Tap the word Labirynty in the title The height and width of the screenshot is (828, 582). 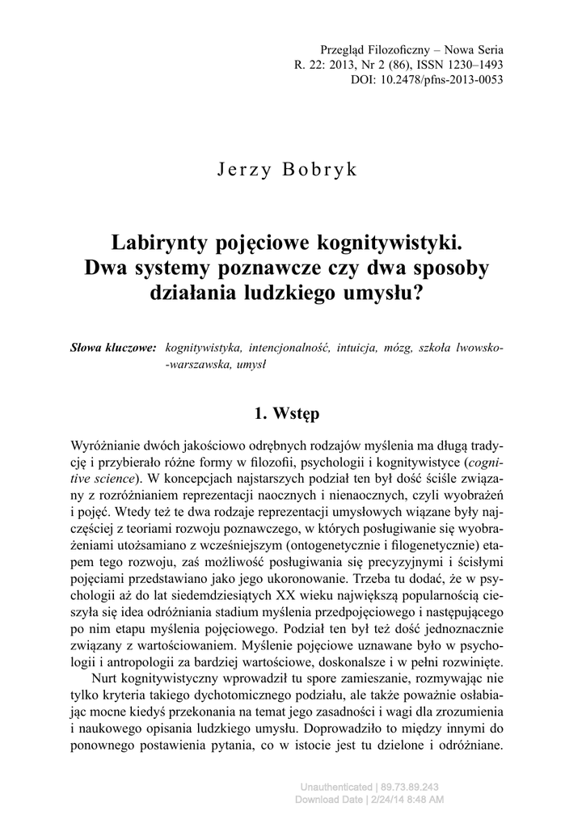[x=165, y=243]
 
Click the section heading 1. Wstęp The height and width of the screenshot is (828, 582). [x=287, y=413]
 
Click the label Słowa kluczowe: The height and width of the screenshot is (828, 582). [x=113, y=348]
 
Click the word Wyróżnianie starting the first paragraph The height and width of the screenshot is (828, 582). [x=108, y=447]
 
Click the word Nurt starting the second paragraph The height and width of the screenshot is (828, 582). [x=106, y=680]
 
